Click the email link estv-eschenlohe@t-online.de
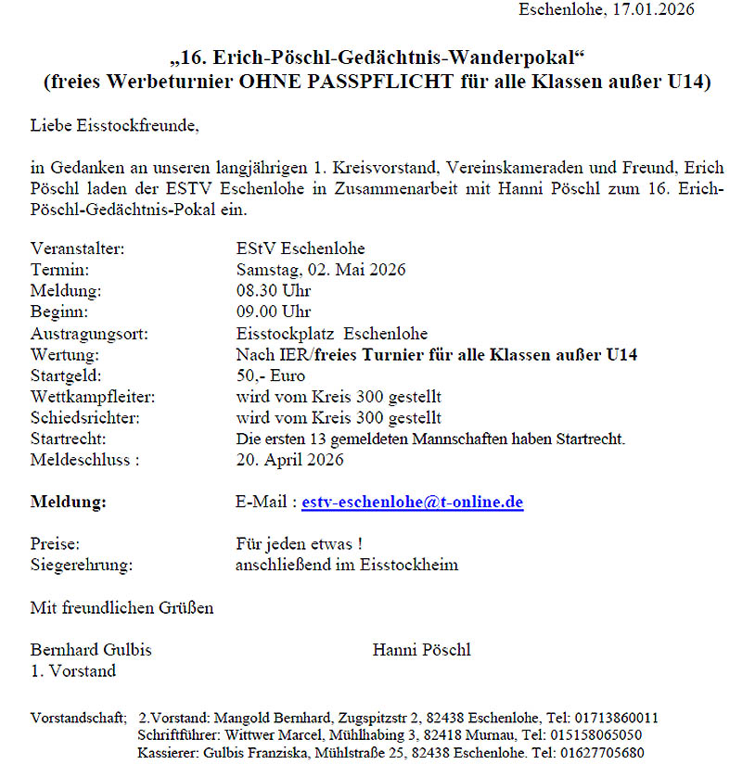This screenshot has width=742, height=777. pyautogui.click(x=413, y=503)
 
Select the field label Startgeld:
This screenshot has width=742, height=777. pyautogui.click(x=66, y=376)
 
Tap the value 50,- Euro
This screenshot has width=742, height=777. pyautogui.click(x=271, y=376)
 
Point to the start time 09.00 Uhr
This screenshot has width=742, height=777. pyautogui.click(x=274, y=312)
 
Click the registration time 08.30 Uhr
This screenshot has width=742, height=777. pyautogui.click(x=274, y=291)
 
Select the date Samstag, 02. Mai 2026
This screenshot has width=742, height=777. pyautogui.click(x=321, y=270)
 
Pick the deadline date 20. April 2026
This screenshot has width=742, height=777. pyautogui.click(x=289, y=459)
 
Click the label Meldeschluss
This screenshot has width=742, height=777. pyautogui.click(x=83, y=459)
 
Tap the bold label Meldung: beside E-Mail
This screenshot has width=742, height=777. pyautogui.click(x=69, y=503)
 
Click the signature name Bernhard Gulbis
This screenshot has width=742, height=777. pyautogui.click(x=91, y=650)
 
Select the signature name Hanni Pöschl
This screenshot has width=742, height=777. pyautogui.click(x=421, y=650)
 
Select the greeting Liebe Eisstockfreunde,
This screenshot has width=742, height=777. pyautogui.click(x=114, y=123)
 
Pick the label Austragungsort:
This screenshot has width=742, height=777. pyautogui.click(x=89, y=334)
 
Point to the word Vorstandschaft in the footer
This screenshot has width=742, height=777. pyautogui.click(x=77, y=718)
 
